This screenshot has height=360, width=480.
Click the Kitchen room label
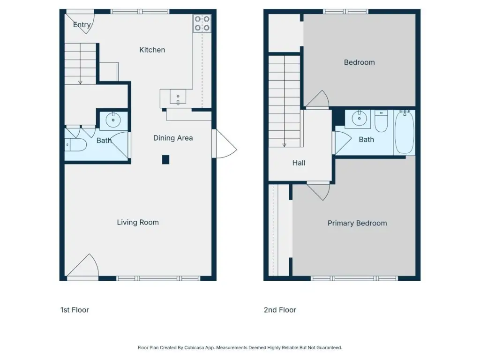[x=152, y=50]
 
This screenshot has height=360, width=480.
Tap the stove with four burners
[x=202, y=23]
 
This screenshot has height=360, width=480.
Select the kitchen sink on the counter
[x=178, y=97]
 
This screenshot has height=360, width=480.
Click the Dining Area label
[x=173, y=138]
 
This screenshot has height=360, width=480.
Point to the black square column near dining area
[x=165, y=159]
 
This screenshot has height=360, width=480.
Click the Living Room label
[x=138, y=222]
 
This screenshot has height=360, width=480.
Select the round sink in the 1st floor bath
[x=113, y=120]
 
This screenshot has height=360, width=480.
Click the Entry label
[x=82, y=24]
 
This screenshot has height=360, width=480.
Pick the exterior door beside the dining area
[x=225, y=144]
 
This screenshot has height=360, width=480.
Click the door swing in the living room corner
[x=82, y=266]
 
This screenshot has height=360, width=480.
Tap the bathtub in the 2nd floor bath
[x=405, y=132]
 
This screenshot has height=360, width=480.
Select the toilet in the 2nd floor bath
[x=381, y=121]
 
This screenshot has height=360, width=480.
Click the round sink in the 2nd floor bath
[x=359, y=119]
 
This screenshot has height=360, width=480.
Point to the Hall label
[x=299, y=163]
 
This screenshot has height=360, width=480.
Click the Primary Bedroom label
[x=357, y=223]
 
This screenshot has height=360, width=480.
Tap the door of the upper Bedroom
[x=317, y=99]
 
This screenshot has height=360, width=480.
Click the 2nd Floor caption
[x=280, y=310]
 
